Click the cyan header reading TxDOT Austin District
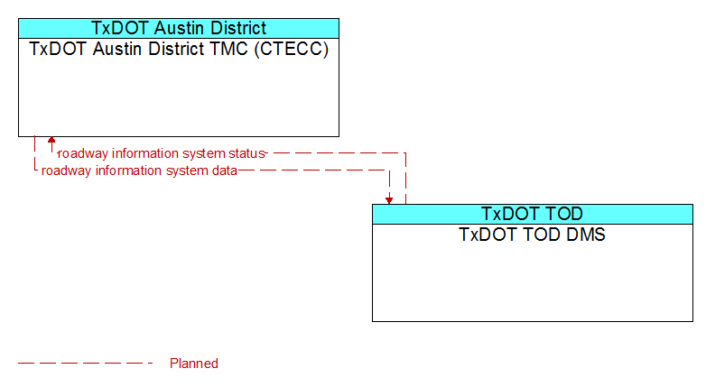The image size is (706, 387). (x=179, y=28)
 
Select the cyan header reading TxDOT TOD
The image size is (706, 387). (x=532, y=214)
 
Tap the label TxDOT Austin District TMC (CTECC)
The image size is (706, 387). (x=179, y=49)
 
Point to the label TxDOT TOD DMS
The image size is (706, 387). (x=532, y=235)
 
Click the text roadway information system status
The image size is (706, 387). (x=162, y=153)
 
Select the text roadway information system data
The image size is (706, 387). (x=139, y=170)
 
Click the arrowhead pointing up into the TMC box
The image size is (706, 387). (x=51, y=140)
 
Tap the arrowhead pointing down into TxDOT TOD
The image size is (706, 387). (x=389, y=200)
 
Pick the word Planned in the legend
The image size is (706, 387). (x=194, y=364)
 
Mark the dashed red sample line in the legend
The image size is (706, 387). (x=86, y=363)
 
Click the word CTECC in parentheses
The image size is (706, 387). (x=292, y=49)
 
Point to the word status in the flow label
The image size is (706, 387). (x=246, y=153)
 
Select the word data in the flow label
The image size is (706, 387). (x=224, y=170)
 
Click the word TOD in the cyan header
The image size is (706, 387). (x=563, y=214)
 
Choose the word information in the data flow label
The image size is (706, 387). (x=128, y=170)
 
